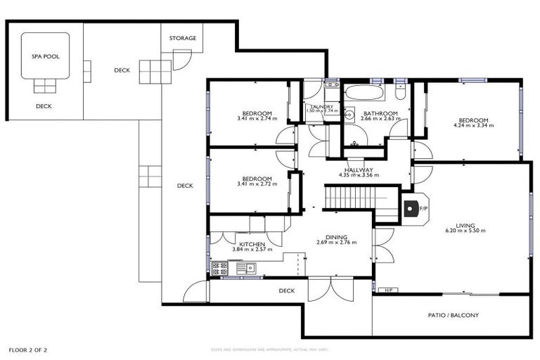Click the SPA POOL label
[45, 56]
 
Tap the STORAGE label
[183, 38]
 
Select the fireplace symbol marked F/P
[411, 209]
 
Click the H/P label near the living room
[387, 290]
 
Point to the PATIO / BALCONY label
[453, 315]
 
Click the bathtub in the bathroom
[364, 93]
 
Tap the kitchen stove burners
[220, 268]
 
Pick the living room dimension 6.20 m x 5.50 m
[465, 231]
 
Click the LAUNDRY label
[321, 107]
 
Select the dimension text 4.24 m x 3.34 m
[474, 126]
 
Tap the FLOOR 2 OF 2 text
[28, 349]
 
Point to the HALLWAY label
[359, 169]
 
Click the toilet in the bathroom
[401, 92]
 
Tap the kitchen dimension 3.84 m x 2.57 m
[251, 250]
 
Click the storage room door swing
[181, 61]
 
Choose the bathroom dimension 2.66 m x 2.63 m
[380, 119]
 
